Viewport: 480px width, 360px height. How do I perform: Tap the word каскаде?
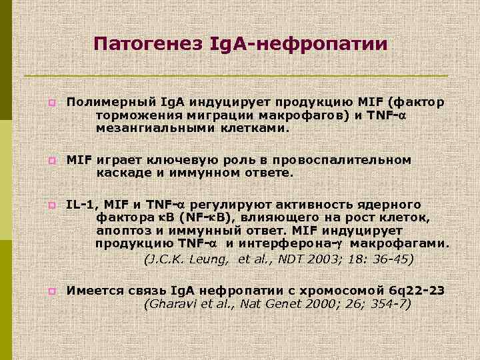click(x=123, y=173)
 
